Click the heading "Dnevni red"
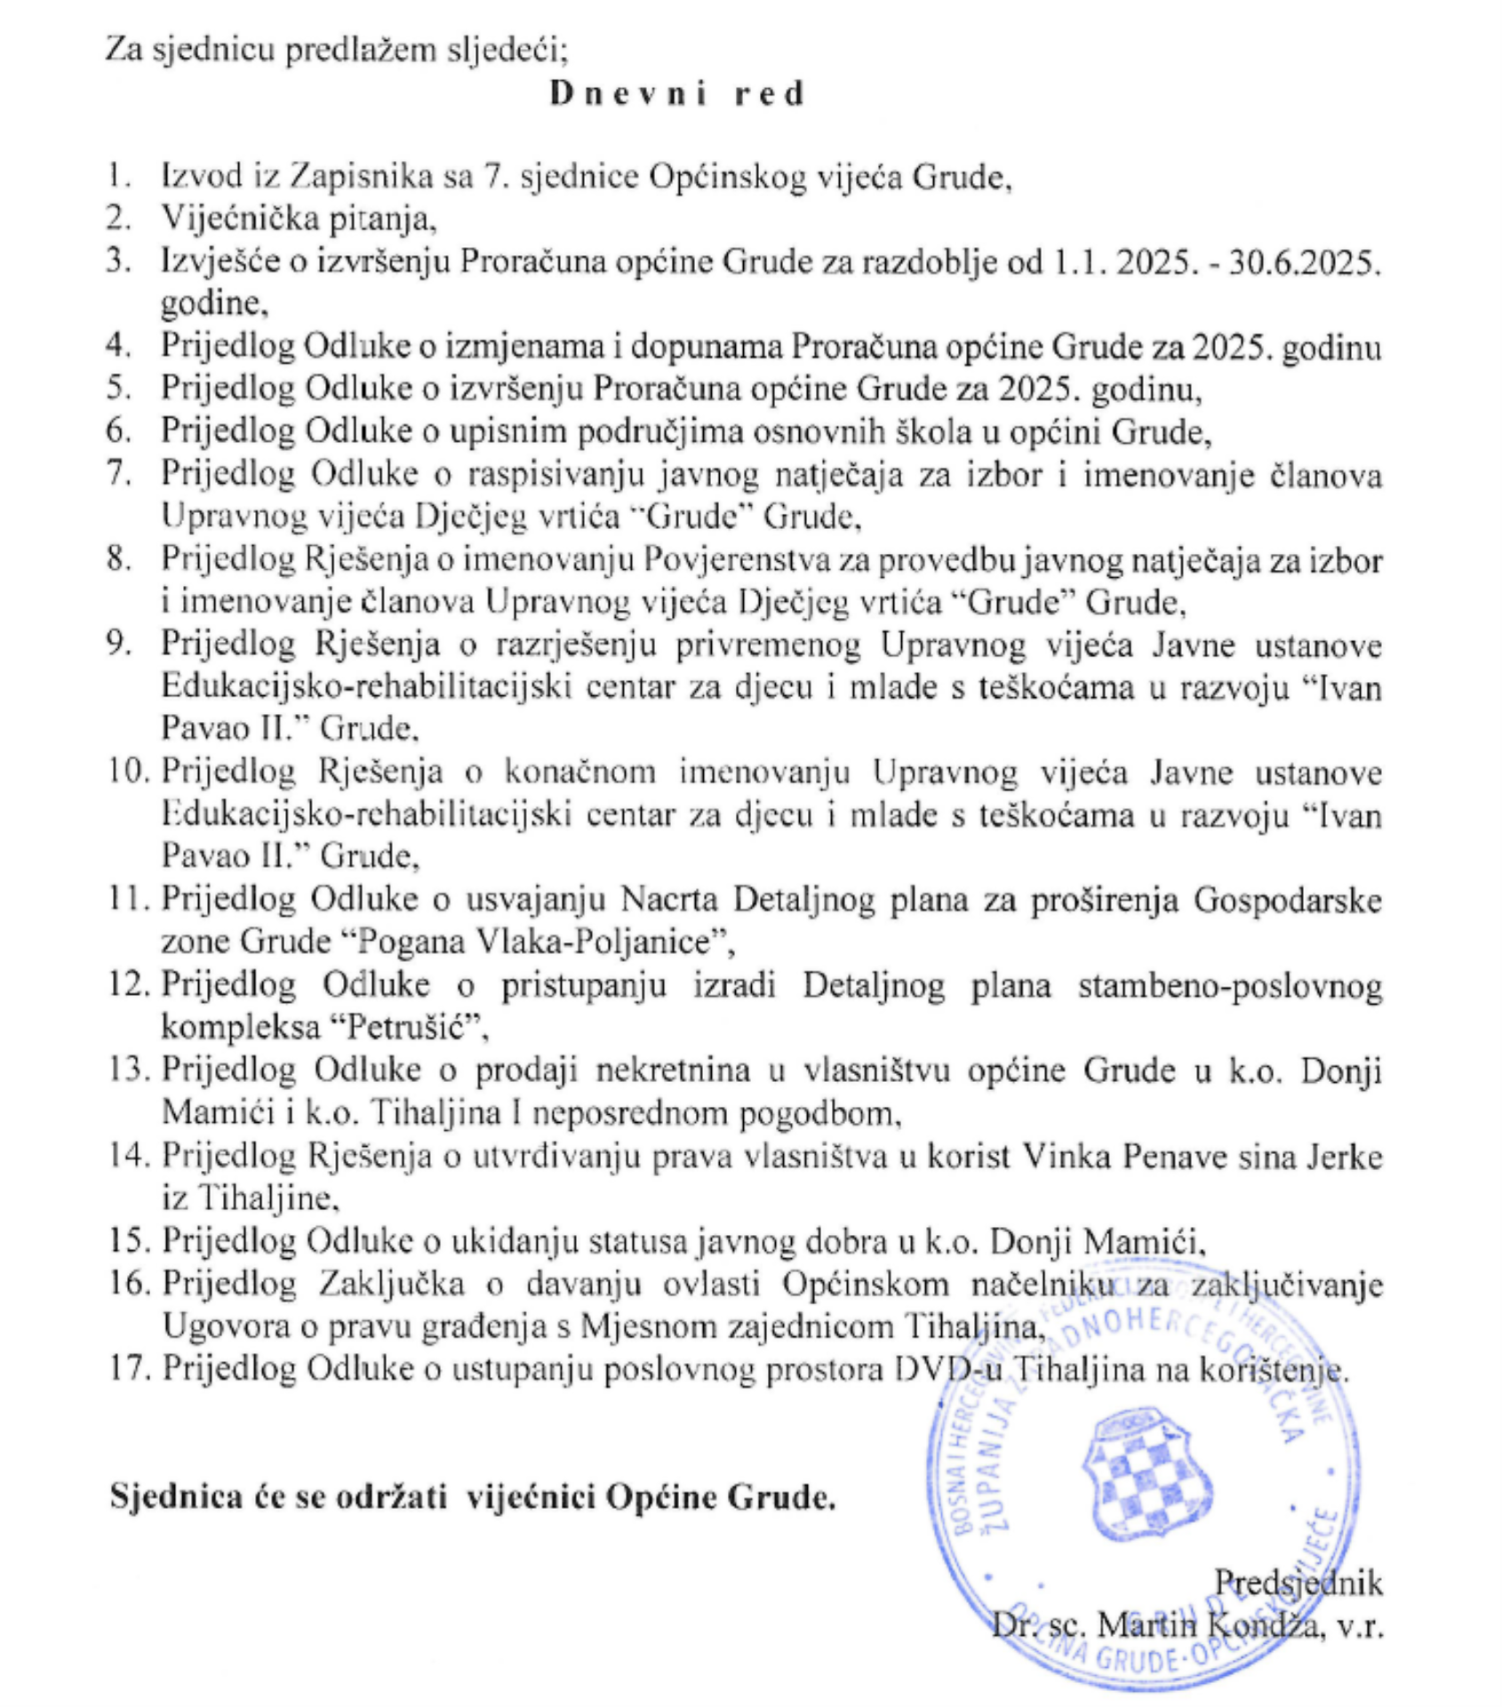677,93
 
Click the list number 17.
126,1367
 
